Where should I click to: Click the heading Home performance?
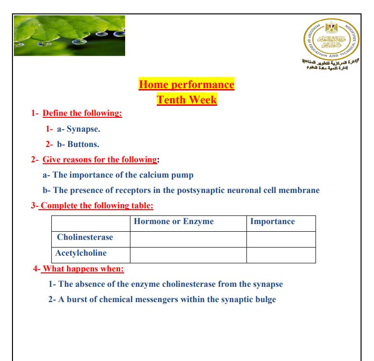coord(187,85)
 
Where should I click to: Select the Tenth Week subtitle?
coord(187,100)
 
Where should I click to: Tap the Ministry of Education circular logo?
coord(331,38)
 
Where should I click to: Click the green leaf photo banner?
coord(70,35)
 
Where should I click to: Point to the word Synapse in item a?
coord(83,129)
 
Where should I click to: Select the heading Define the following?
coord(82,113)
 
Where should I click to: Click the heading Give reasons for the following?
coord(100,159)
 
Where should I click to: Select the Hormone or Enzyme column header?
coord(174,221)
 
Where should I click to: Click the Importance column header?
coord(272,221)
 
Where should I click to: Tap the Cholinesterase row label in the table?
coord(85,237)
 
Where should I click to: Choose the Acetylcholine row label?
coord(81,253)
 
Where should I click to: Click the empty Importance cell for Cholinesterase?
coord(281,239)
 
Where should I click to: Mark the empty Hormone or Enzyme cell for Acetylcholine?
coord(188,255)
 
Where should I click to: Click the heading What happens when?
coord(82,269)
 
